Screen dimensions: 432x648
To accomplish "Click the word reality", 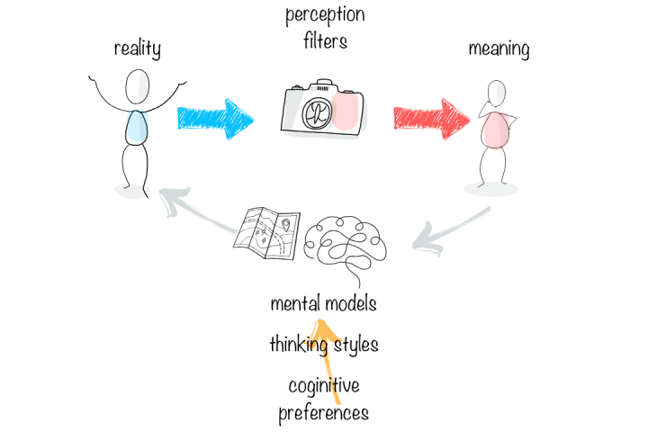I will point(137,48).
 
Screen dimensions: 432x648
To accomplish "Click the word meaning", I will point(499,48).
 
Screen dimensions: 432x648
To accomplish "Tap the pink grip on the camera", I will point(346,112).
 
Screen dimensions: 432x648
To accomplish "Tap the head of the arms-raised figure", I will point(138,88).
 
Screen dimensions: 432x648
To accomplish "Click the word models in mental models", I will point(351,303).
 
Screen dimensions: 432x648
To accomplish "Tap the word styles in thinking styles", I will point(354,344).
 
